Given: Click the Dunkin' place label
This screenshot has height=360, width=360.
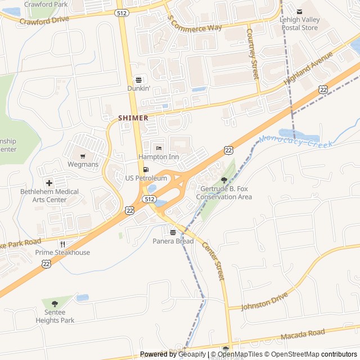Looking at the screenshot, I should pos(138,88).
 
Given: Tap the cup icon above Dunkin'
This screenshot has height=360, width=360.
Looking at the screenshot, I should pos(138,80).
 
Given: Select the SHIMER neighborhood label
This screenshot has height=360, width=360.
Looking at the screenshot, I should pos(133,118).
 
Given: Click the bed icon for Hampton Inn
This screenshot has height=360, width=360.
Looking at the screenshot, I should pos(159,148).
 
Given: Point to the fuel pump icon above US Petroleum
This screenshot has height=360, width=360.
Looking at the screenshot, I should pos(146,169).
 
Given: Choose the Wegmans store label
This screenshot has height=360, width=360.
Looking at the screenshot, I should pos(83,164).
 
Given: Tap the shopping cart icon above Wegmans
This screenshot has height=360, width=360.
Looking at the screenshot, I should pos(83,156).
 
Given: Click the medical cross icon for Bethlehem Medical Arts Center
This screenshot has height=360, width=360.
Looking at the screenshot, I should pos(49,183).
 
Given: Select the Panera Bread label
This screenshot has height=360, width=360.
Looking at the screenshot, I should pos(173,241).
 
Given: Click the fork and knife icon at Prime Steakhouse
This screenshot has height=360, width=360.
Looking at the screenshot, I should pos(62,244).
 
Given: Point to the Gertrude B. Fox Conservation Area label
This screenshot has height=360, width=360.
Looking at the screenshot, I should pos(224,192).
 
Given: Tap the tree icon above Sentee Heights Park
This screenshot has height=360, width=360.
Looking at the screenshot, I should pos(55,304).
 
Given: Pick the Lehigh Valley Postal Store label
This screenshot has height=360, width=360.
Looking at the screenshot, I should pos(299,23).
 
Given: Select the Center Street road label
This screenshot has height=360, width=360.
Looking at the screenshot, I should pos(213,262).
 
